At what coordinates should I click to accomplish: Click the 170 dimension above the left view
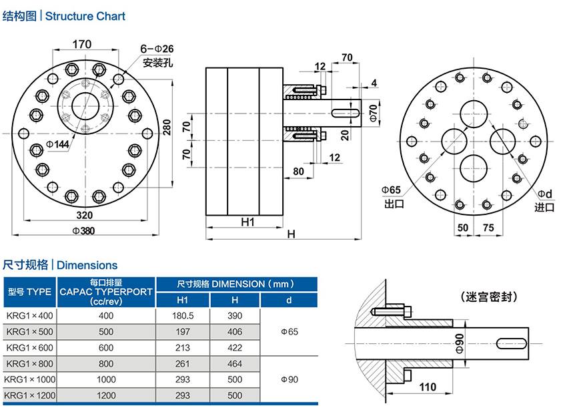point(81,45)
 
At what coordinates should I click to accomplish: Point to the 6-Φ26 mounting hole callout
point(157,49)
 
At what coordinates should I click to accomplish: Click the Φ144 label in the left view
point(59,144)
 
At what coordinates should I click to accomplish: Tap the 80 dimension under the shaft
point(298,172)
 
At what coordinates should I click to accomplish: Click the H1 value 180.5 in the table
point(183,315)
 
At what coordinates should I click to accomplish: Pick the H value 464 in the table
point(235,363)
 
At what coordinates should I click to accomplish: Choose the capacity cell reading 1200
point(106,395)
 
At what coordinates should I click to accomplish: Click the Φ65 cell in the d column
point(289,331)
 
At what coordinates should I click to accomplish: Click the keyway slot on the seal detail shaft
point(512,343)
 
